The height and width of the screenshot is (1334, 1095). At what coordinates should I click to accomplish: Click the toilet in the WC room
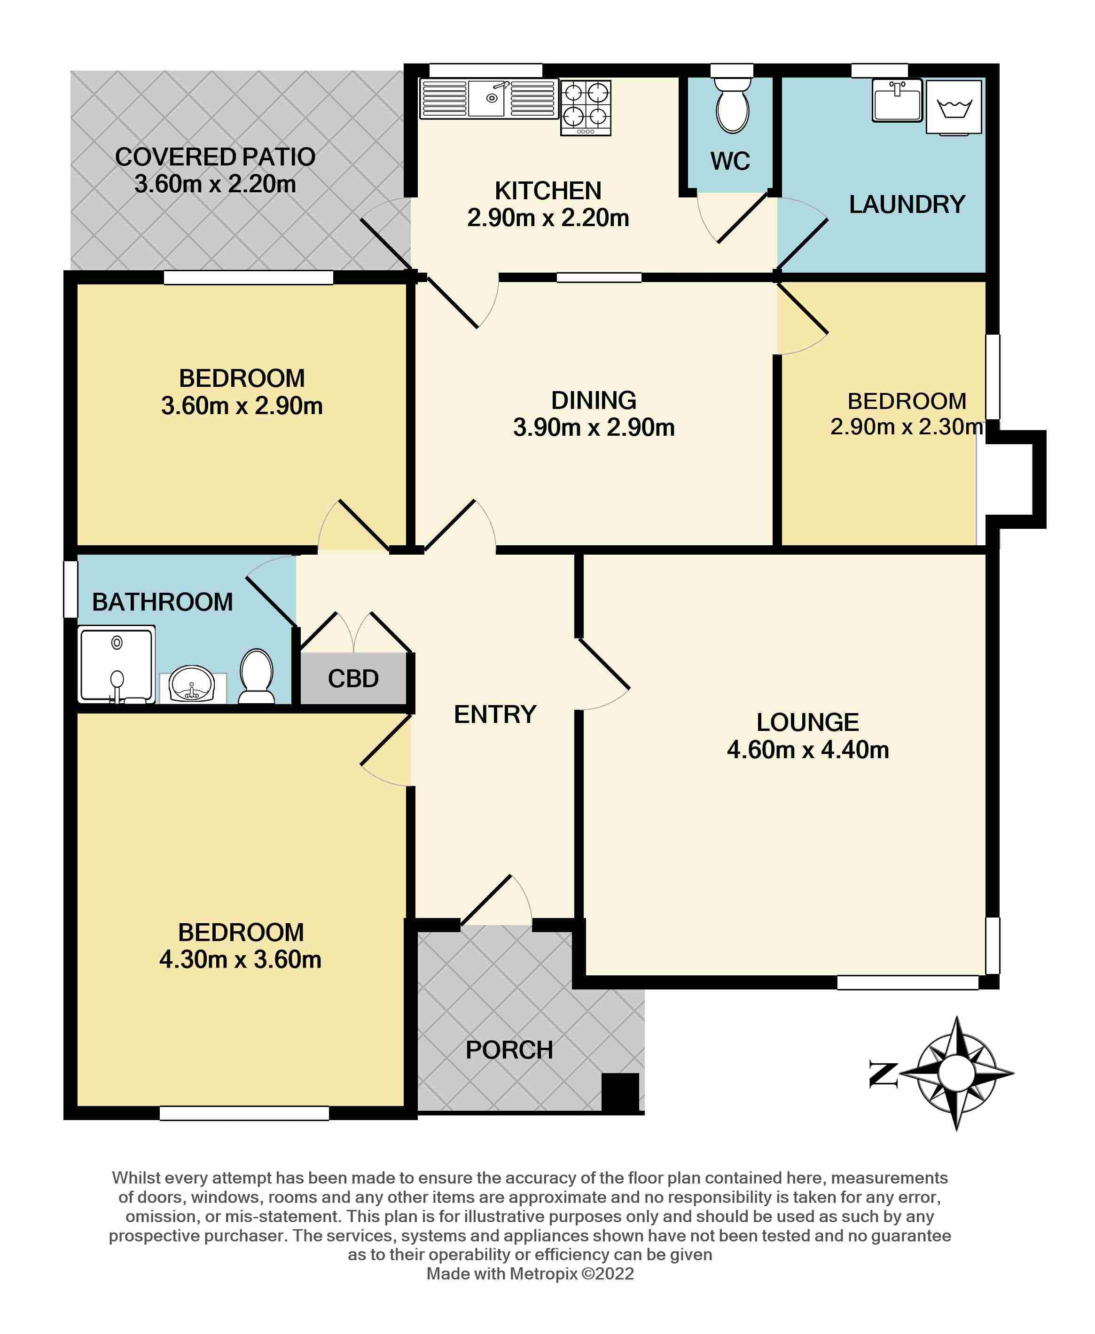[732, 105]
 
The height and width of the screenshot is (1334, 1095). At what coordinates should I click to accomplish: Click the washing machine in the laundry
[954, 107]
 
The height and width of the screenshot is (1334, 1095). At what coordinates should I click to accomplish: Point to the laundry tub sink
[897, 100]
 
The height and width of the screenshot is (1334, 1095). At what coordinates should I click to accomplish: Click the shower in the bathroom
[117, 664]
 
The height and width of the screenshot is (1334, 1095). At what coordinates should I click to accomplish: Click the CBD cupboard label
[353, 679]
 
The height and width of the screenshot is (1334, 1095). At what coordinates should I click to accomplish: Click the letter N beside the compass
[883, 1074]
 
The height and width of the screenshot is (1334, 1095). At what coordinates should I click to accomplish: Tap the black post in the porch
[620, 1092]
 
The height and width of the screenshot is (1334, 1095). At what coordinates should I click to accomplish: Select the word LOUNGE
[807, 722]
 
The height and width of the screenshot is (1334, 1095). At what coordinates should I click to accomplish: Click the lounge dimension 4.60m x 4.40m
[808, 750]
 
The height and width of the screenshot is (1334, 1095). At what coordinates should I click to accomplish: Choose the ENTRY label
[495, 714]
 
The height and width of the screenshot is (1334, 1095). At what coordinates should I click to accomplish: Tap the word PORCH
[509, 1050]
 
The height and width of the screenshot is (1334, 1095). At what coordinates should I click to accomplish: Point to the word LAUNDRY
[907, 204]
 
